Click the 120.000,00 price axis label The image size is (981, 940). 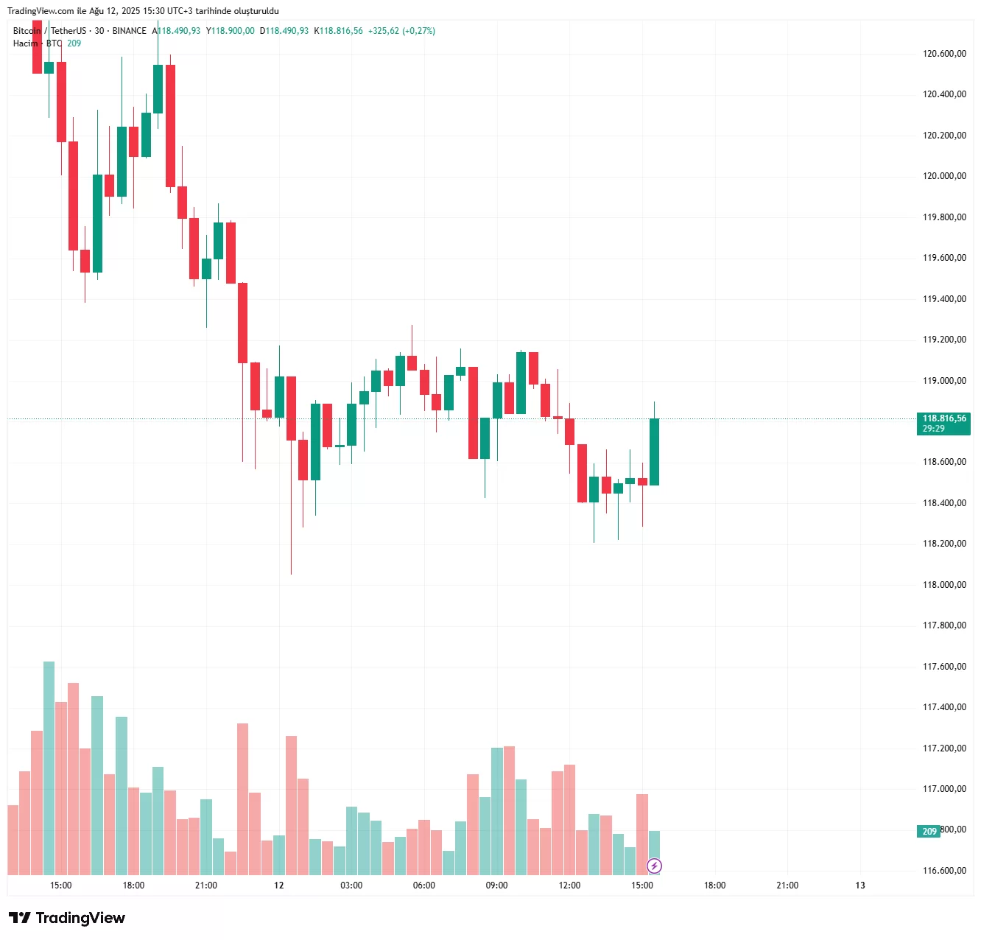point(944,176)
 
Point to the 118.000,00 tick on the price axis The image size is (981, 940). point(944,585)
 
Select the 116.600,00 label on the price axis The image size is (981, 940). point(944,871)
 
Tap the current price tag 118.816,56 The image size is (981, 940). point(943,418)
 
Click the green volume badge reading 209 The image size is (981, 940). point(929,832)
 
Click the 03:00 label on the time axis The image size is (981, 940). point(351,885)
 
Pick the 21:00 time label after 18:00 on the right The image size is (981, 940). point(787,885)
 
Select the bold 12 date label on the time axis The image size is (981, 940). point(279,885)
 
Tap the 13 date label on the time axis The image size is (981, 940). point(860,885)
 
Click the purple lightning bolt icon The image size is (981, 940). point(654,866)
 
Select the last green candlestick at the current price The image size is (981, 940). point(654,452)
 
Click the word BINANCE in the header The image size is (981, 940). point(130,31)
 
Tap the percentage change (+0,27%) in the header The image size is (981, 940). point(418,31)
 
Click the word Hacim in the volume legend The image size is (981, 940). point(25,43)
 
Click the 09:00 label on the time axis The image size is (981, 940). point(496,885)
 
